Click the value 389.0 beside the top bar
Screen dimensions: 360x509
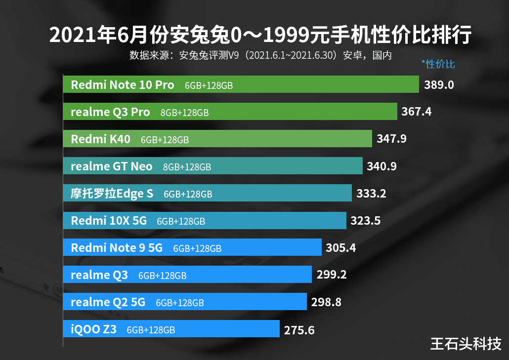click(x=439, y=85)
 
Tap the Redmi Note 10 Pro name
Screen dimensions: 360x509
click(x=123, y=85)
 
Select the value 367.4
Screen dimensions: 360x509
click(x=416, y=112)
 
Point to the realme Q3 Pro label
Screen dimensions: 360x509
click(x=110, y=112)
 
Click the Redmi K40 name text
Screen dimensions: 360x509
click(x=101, y=139)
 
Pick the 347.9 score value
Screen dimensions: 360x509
click(x=391, y=139)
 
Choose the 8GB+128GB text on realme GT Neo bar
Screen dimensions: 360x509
click(x=187, y=167)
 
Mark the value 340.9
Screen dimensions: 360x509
click(x=382, y=166)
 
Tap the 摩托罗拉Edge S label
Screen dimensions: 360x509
click(x=112, y=194)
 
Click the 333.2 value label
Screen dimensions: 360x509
click(x=371, y=194)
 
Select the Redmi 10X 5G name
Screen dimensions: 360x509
click(x=109, y=221)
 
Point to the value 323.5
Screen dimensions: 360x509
click(x=365, y=221)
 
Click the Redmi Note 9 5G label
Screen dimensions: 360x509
click(x=117, y=248)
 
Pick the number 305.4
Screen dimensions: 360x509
click(x=340, y=248)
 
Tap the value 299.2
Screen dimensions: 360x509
click(x=331, y=275)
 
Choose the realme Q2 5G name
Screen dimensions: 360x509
click(x=108, y=302)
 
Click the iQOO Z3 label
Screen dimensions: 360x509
click(x=94, y=329)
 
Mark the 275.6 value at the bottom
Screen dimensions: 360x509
click(x=299, y=330)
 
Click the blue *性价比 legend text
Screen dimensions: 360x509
click(x=438, y=64)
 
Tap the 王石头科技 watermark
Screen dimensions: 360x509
click(x=466, y=343)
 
